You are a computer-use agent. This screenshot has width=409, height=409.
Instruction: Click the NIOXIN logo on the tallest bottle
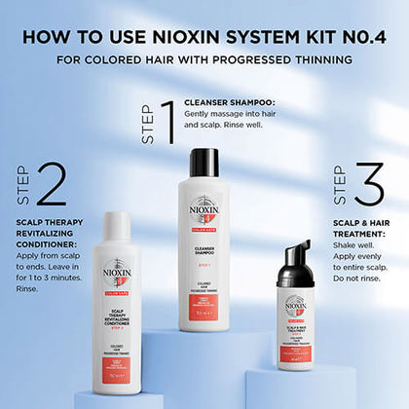pos(204,210)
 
